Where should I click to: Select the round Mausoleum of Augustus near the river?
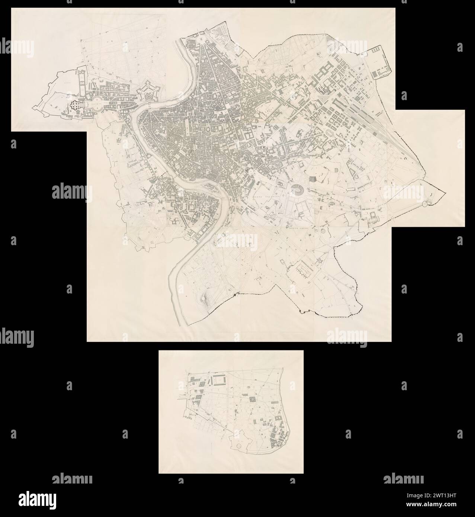click(203, 74)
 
